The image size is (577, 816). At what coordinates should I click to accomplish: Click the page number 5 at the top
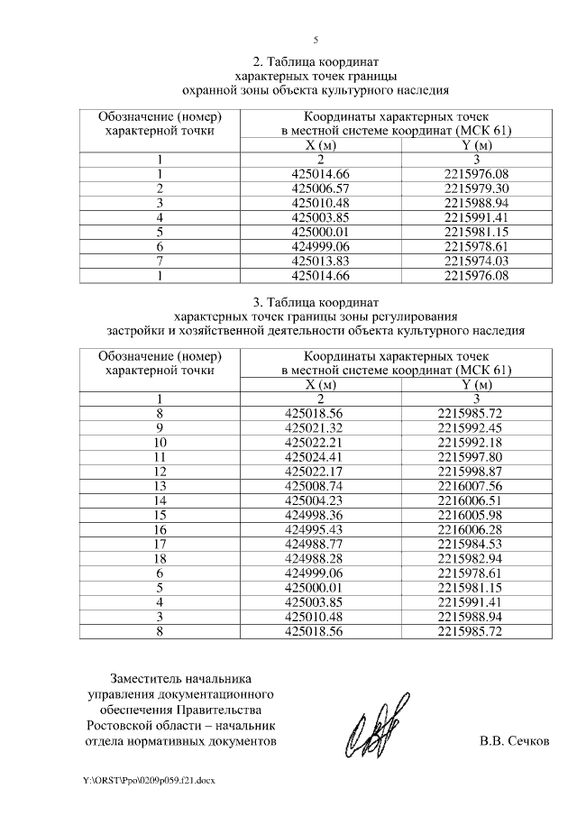click(x=316, y=39)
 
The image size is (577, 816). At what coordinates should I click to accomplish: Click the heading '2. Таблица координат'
click(x=315, y=62)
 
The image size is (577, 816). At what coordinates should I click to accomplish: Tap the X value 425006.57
click(x=321, y=188)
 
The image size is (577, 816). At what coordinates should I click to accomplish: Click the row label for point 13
click(x=160, y=485)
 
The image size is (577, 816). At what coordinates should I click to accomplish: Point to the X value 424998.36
click(x=321, y=515)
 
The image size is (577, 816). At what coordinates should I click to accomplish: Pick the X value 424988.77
click(x=321, y=544)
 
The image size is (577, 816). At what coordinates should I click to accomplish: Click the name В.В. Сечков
click(x=514, y=742)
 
